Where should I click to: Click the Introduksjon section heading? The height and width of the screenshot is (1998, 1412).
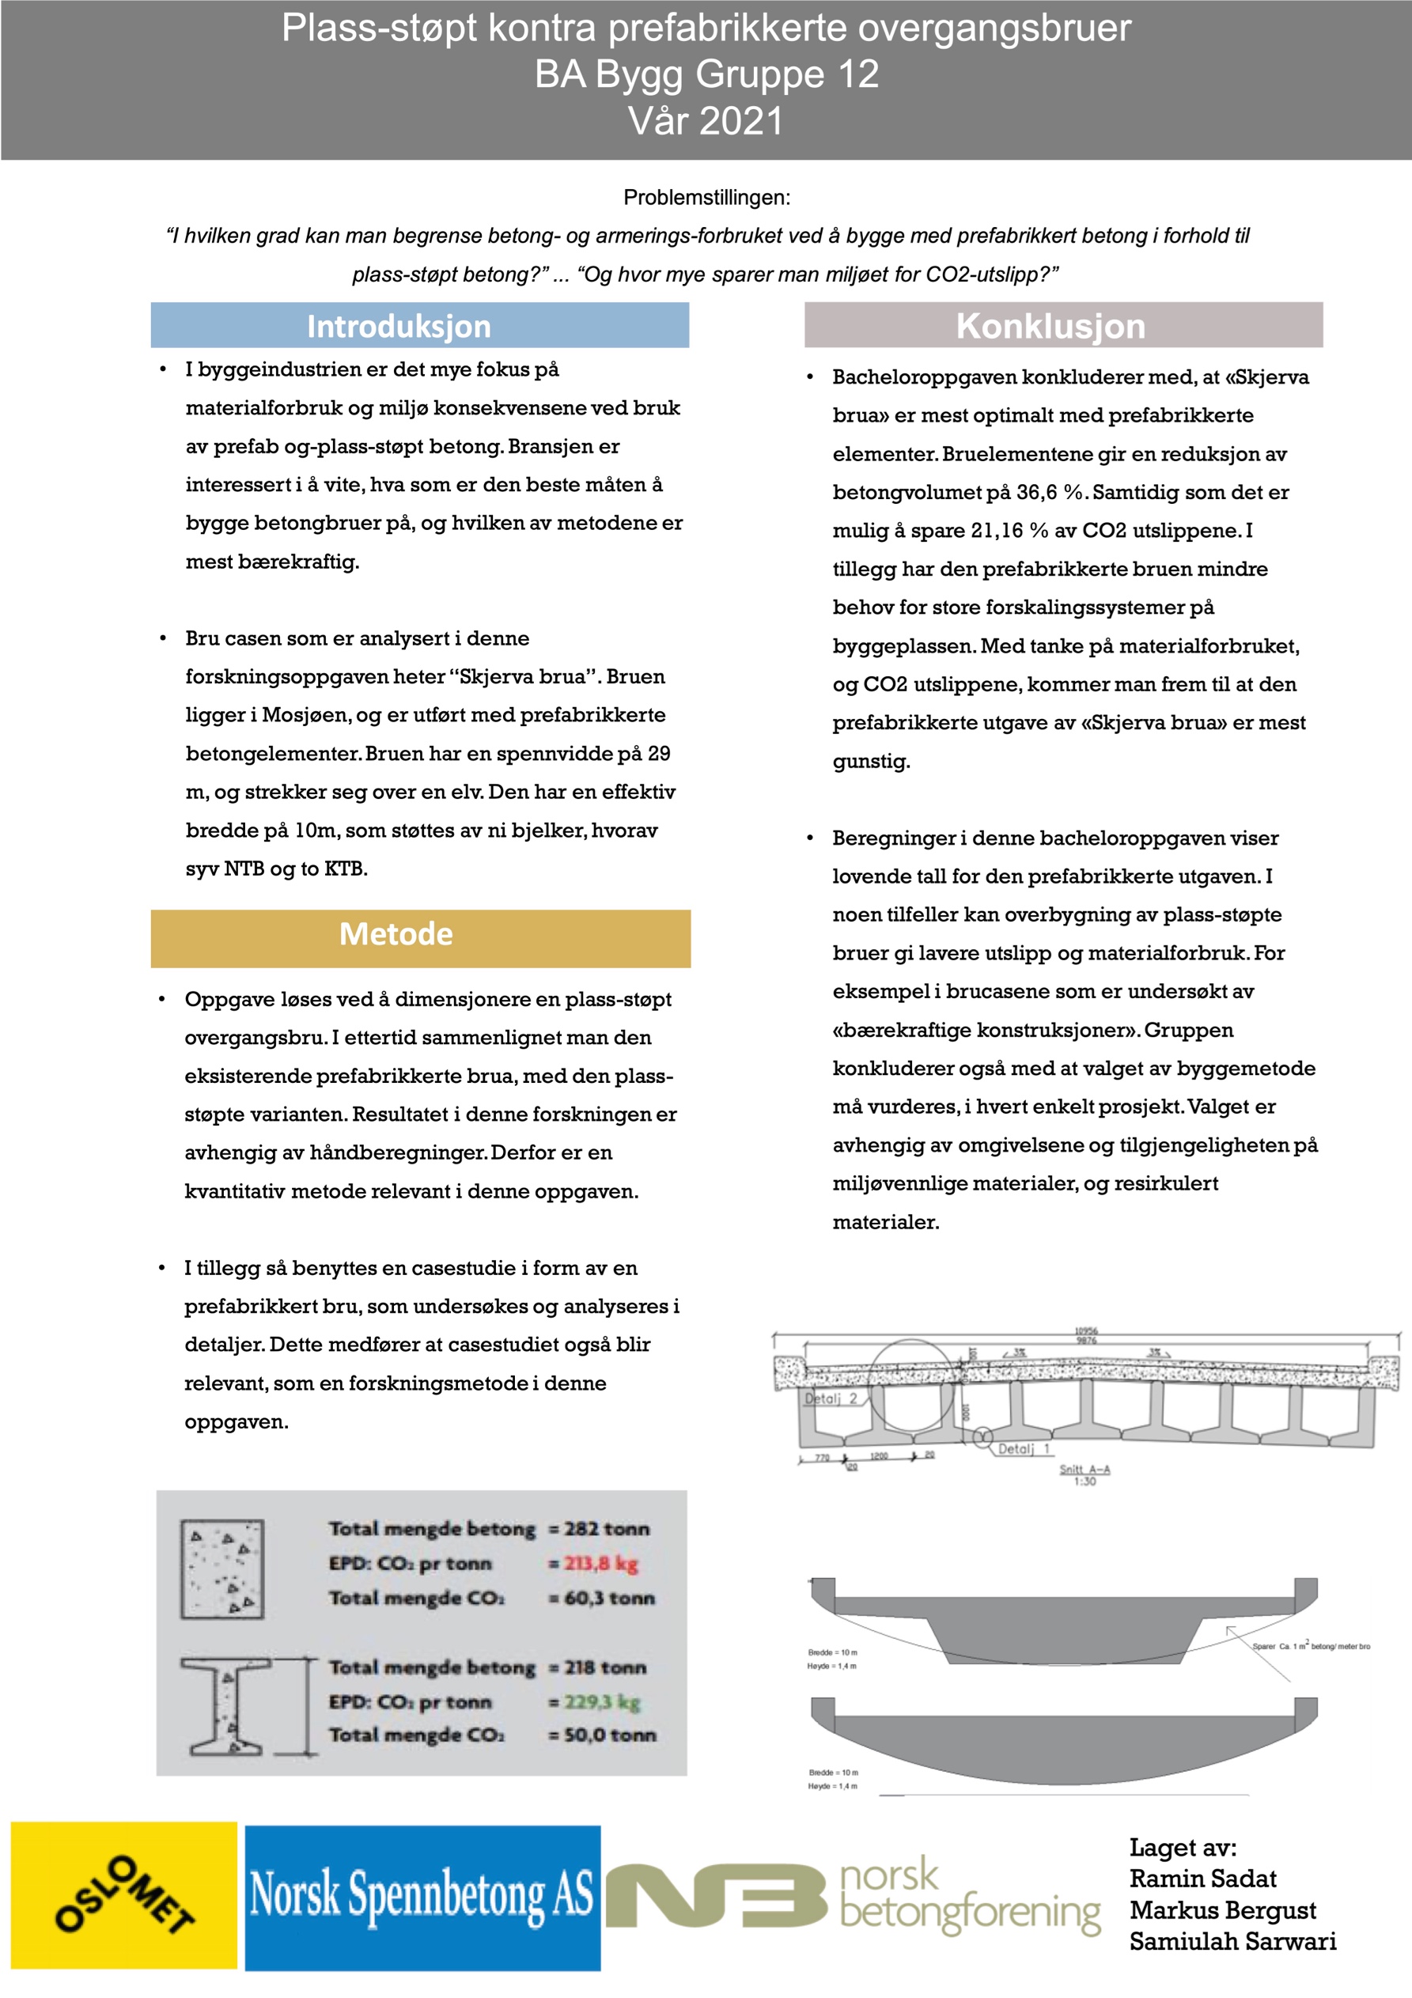click(x=399, y=327)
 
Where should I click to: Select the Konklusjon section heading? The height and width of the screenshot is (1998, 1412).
click(x=1050, y=327)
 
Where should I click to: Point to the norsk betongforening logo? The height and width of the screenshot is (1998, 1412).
click(x=853, y=1897)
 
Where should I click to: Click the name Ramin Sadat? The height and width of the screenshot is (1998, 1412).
click(x=1202, y=1878)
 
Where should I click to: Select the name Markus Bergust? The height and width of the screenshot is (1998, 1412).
click(x=1222, y=1909)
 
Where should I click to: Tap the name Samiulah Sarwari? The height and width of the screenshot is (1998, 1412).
click(x=1232, y=1940)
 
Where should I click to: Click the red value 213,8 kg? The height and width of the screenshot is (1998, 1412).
click(x=600, y=1563)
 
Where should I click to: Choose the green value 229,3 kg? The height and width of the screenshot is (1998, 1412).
click(x=601, y=1701)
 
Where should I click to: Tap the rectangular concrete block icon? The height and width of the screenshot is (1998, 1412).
click(x=222, y=1569)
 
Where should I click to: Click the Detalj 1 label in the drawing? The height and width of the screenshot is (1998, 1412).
click(x=1023, y=1449)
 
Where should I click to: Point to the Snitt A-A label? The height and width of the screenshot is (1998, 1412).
click(x=1084, y=1469)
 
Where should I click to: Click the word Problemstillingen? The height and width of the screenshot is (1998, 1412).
click(x=706, y=198)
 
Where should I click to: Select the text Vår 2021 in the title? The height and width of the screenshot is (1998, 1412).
click(x=706, y=121)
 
